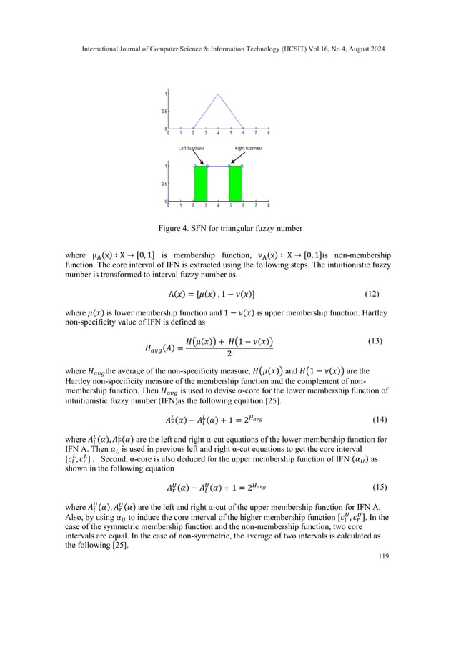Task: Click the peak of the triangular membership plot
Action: pos(218,94)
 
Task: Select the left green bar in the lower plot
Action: pos(201,184)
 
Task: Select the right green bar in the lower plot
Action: pos(236,184)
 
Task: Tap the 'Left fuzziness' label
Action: pos(191,148)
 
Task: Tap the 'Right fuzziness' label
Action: pos(249,148)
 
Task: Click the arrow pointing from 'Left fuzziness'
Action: pos(200,158)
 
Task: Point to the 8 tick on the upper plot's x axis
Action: pos(268,133)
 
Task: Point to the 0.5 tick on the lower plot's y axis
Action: pos(163,184)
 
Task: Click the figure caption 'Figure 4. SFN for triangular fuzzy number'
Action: pos(227,229)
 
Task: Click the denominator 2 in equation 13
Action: pos(228,353)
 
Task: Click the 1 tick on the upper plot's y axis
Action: pos(165,94)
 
